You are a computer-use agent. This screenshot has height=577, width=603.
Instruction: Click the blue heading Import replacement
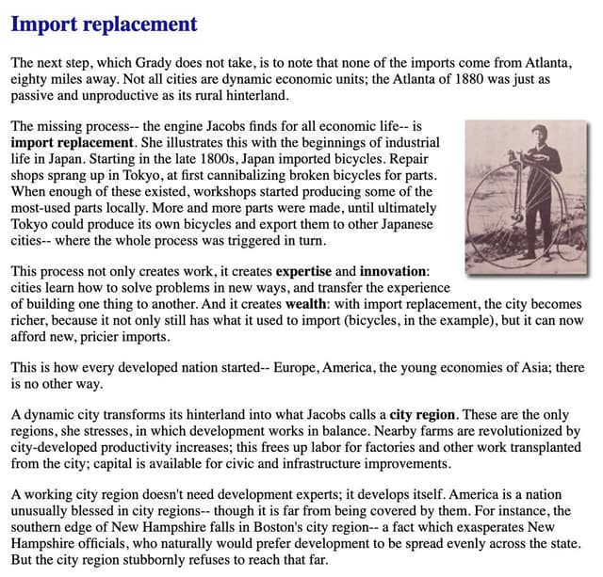(x=105, y=24)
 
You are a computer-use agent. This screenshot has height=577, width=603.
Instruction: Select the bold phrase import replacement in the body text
(x=73, y=142)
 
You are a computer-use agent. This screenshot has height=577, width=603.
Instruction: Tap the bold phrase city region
(x=422, y=414)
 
